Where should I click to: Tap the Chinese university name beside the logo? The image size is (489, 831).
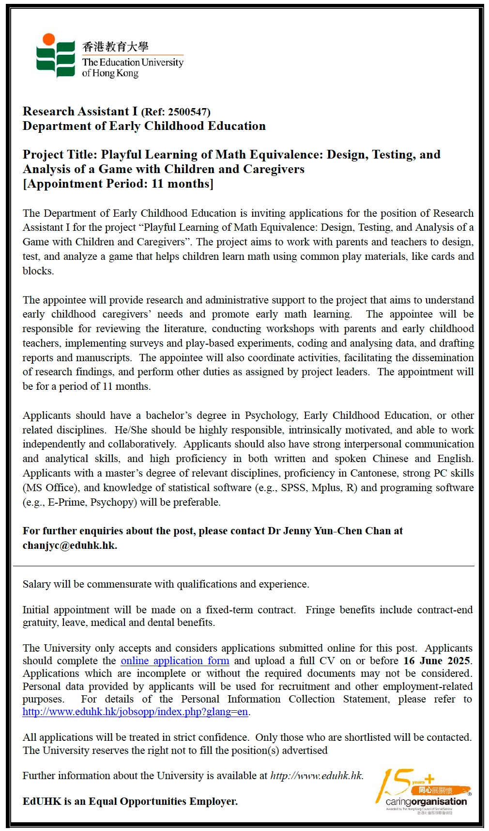click(115, 47)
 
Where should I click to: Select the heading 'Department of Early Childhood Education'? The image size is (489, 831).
click(144, 126)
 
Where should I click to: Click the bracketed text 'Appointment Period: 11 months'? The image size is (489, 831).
click(118, 184)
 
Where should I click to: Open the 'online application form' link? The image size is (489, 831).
click(175, 661)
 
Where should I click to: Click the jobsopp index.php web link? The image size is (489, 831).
click(135, 712)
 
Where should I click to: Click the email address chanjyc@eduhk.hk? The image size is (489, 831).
click(69, 545)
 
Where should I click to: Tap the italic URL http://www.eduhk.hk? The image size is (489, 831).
click(316, 776)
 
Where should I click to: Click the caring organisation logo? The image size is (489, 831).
click(424, 791)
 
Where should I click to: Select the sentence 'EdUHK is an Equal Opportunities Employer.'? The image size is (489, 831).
click(130, 801)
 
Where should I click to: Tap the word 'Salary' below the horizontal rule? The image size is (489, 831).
click(36, 584)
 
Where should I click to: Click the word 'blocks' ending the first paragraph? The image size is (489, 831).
click(37, 271)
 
